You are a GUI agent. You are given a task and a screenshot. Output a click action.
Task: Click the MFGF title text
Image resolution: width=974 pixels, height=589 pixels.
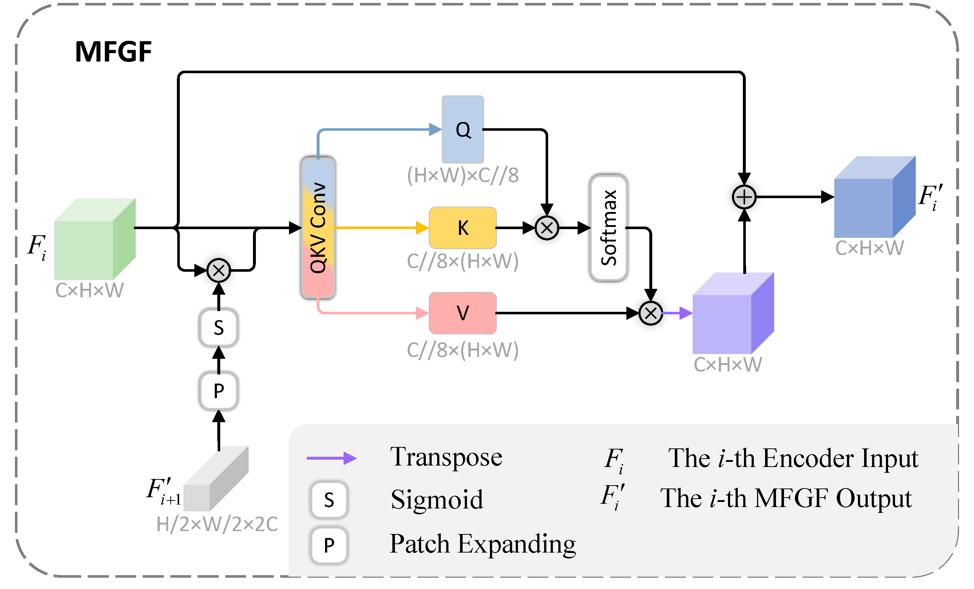pos(113,52)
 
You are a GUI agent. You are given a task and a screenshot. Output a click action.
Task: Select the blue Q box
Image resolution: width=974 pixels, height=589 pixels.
pos(463,129)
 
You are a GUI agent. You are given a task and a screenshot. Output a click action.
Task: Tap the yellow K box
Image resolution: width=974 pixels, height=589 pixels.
pos(463,228)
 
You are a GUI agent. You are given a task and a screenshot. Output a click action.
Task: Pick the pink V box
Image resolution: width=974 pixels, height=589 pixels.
pos(463,313)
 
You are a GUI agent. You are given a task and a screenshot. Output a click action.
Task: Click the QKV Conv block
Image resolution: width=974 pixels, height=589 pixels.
pos(318,228)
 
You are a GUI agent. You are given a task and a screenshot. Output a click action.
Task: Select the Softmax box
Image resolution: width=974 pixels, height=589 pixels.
pos(609,228)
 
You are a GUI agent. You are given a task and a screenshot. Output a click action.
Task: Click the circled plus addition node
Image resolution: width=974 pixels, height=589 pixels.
pos(744,197)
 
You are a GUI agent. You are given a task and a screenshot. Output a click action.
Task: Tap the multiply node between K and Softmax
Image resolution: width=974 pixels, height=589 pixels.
pos(547,228)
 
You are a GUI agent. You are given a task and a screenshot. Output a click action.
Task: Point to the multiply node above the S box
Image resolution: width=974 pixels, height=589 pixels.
pos(219,271)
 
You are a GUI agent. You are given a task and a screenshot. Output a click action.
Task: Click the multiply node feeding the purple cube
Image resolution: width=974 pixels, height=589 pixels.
pos(651,313)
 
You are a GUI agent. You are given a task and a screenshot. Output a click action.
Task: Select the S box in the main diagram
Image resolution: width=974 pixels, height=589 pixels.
pos(219,328)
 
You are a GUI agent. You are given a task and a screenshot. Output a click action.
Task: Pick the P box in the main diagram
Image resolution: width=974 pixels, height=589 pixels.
pos(219,391)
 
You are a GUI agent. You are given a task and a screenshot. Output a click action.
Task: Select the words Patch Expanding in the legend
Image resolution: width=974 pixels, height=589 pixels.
pos(482,544)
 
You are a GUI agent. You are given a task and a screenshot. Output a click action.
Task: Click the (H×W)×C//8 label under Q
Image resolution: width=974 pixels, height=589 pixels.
pos(463,175)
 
